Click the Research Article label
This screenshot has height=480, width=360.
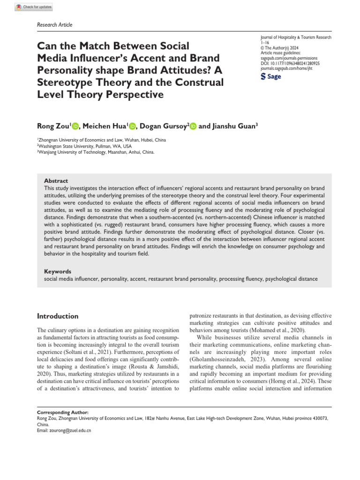[54, 24]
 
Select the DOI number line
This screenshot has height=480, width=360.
[290, 63]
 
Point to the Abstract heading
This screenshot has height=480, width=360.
[56, 180]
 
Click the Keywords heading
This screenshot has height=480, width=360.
[58, 271]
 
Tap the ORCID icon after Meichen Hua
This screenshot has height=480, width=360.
[132, 126]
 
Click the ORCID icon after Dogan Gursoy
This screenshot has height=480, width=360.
[193, 126]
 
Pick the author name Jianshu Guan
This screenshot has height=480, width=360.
[236, 126]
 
